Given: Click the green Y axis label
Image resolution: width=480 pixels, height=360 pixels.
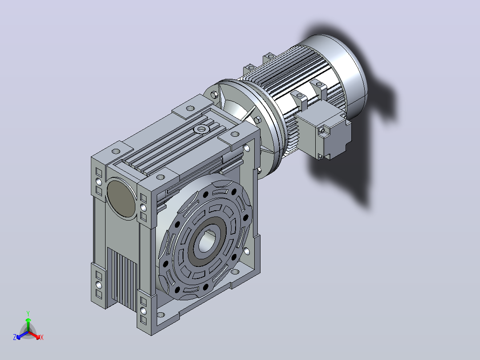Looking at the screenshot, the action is [x=28, y=313].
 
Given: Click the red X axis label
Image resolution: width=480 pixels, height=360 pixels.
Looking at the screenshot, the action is [x=42, y=337].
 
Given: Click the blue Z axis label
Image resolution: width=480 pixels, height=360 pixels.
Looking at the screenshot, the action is [x=14, y=337].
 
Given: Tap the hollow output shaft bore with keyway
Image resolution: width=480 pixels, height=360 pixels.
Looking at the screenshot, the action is [x=207, y=242].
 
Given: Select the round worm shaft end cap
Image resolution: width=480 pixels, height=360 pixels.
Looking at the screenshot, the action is [x=121, y=199].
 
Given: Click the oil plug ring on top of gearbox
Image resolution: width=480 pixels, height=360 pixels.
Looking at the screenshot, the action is [x=201, y=129].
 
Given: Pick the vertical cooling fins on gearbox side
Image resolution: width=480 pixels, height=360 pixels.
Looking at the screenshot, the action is [x=122, y=279].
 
